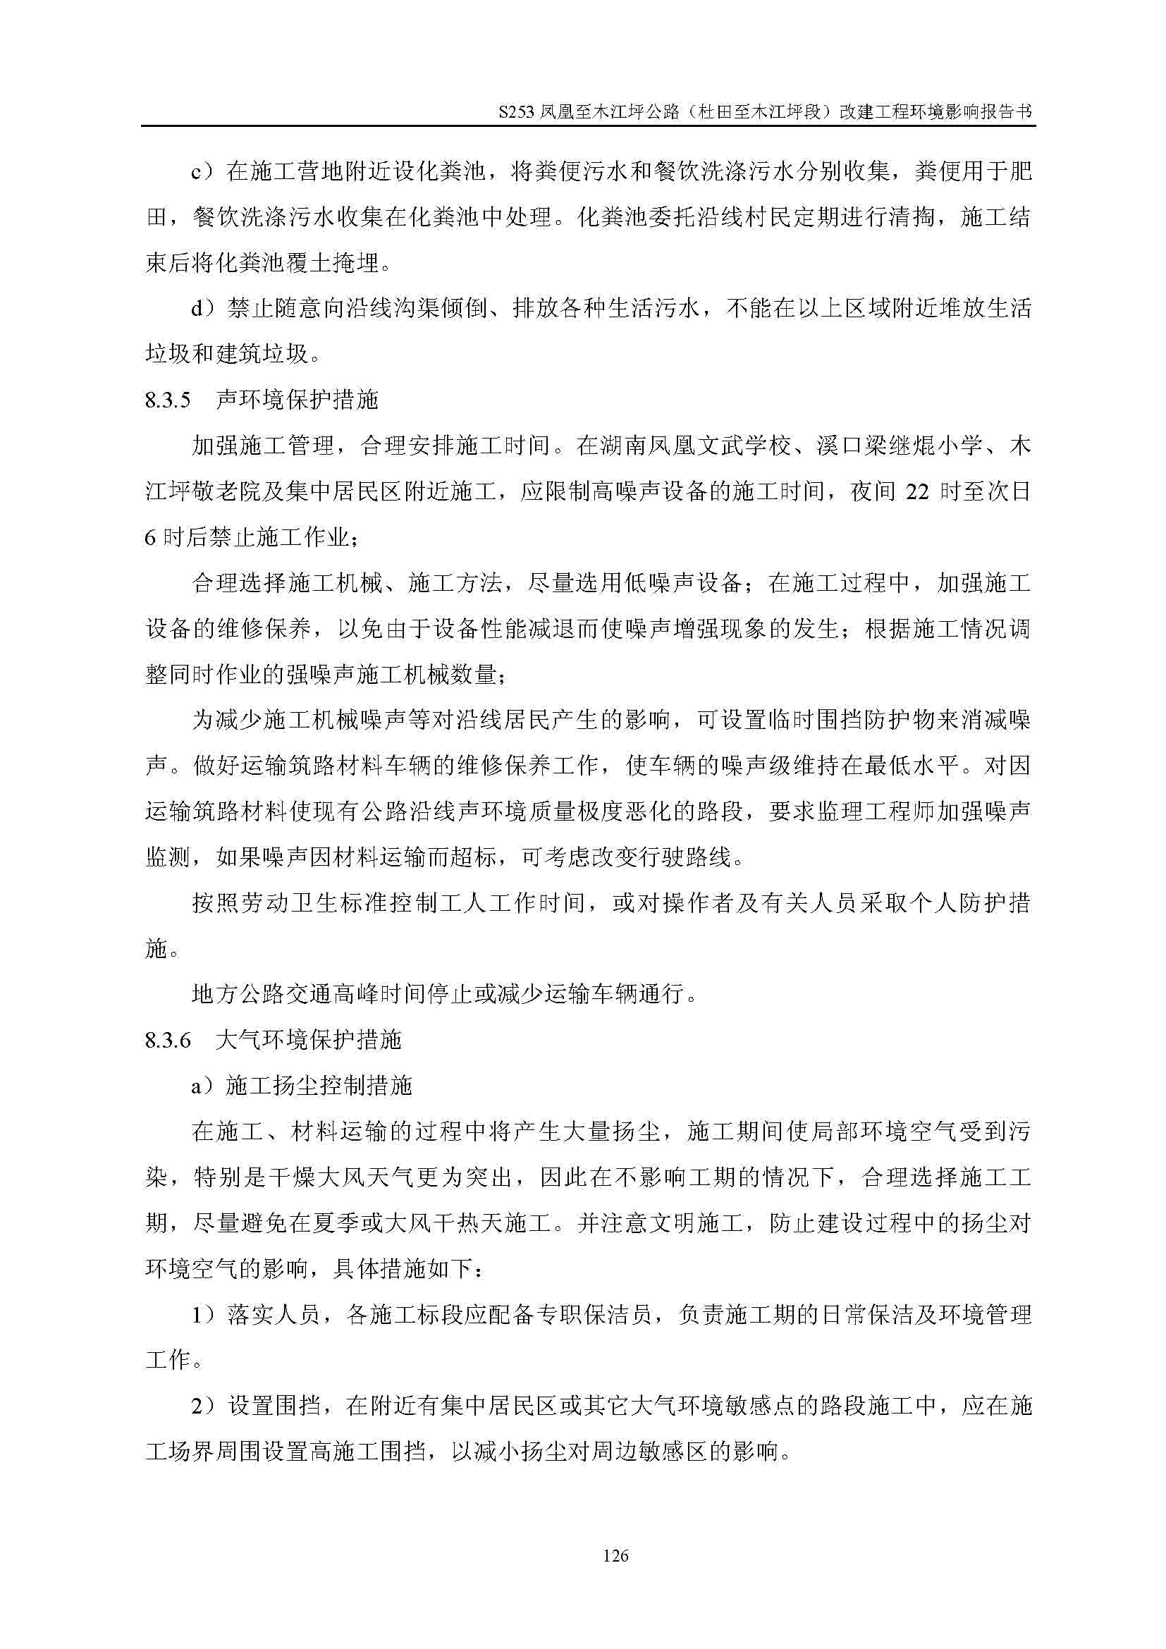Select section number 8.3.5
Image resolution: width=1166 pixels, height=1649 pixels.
tap(167, 400)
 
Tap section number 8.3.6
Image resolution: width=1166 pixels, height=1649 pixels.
tap(167, 1041)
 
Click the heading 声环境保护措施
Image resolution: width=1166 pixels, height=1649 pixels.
tap(297, 400)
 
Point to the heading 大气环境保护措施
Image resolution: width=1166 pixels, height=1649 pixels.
tap(308, 1041)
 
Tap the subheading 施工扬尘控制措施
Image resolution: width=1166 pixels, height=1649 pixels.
tap(319, 1086)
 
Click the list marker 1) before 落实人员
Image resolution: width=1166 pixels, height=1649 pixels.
tap(202, 1315)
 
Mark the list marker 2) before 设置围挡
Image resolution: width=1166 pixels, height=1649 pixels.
tap(202, 1406)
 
